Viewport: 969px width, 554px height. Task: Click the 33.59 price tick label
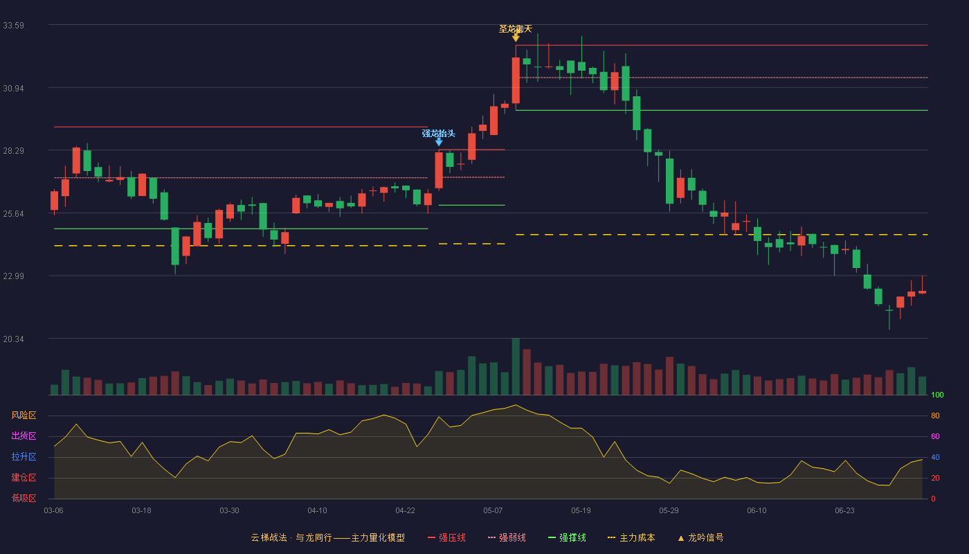point(13,26)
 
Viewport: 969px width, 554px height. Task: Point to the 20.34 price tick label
point(13,339)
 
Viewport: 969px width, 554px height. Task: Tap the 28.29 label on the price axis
point(13,151)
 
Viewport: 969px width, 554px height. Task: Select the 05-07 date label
point(493,511)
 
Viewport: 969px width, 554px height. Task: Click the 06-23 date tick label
point(844,511)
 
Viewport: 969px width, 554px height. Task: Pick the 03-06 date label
point(54,511)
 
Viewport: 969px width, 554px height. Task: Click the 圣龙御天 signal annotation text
point(515,29)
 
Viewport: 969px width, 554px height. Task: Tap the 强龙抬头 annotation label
point(439,133)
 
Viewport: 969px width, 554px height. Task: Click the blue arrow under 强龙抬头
point(439,142)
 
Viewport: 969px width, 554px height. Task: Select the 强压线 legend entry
point(446,537)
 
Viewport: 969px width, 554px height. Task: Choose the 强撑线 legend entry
point(567,537)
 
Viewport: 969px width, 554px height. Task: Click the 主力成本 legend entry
point(631,537)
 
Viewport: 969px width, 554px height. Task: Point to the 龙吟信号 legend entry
point(700,537)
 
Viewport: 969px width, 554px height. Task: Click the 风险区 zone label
point(24,415)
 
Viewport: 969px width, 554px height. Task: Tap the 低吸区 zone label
point(24,499)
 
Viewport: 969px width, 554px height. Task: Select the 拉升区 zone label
point(24,457)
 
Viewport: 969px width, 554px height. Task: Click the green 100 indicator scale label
point(937,395)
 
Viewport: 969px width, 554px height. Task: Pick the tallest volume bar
point(516,366)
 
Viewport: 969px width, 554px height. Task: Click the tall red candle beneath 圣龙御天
point(516,80)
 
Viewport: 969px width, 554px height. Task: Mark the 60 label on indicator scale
point(935,436)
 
